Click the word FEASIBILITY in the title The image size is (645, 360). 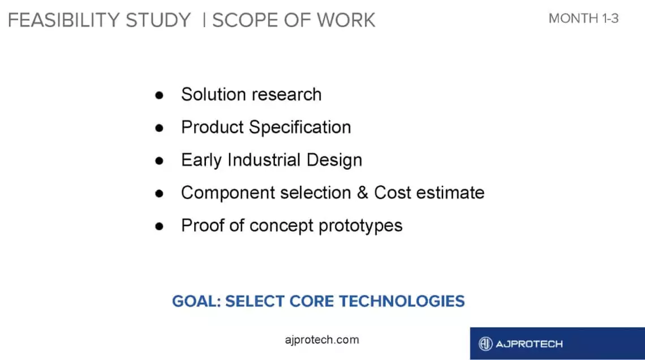64,20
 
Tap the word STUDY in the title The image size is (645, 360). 158,20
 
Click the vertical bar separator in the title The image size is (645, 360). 204,20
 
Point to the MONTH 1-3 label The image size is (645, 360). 583,19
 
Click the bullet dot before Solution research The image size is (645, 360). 159,96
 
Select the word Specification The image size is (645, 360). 300,127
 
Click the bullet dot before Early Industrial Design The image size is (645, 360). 159,161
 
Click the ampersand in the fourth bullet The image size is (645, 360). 363,192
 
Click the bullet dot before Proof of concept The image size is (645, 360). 159,226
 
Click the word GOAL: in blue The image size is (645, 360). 196,301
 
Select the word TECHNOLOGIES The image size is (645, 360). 402,301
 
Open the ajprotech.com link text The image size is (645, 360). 322,340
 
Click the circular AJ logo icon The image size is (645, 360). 485,344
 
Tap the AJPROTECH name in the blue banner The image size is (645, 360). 529,344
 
